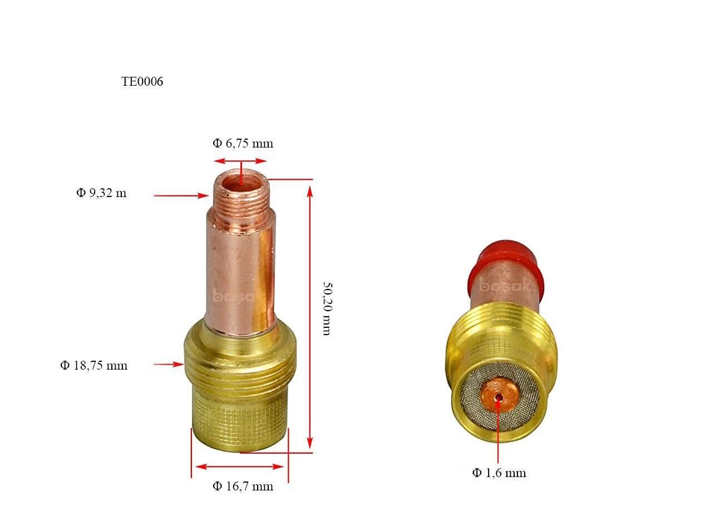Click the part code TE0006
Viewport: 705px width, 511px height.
142,82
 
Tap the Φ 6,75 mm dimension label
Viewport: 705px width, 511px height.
243,144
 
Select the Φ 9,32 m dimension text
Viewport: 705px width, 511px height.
101,193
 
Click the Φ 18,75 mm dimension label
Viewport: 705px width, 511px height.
93,366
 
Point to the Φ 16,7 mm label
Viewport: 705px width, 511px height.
243,487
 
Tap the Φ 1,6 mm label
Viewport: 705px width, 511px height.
499,473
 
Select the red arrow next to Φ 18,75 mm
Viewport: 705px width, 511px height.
169,364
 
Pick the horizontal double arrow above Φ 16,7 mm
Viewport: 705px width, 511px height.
240,466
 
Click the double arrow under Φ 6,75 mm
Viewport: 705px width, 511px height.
240,161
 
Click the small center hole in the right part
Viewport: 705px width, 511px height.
500,397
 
